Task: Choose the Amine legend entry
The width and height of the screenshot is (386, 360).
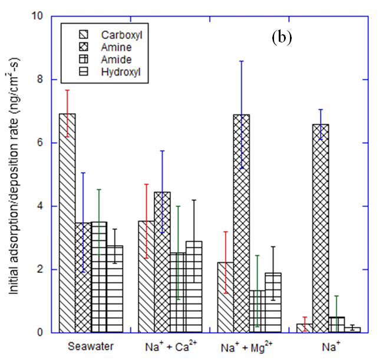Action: pyautogui.click(x=118, y=47)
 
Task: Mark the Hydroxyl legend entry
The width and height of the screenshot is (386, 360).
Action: pyautogui.click(x=121, y=72)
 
